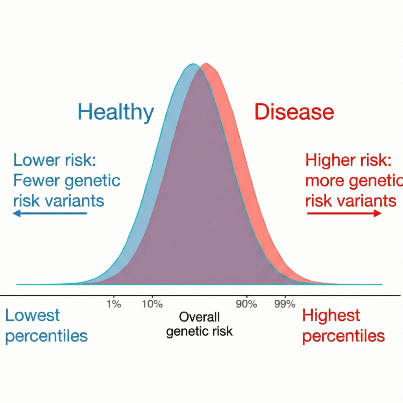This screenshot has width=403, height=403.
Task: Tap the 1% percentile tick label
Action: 114,304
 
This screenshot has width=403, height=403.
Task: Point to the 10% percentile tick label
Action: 152,304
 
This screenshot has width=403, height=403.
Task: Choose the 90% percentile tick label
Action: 247,304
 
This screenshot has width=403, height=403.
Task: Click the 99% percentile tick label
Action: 285,304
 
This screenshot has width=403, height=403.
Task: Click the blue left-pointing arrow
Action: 50,213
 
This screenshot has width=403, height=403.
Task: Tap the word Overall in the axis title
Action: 199,317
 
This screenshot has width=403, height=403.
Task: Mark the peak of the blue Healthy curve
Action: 192,64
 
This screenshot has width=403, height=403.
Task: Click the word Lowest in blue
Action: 32,316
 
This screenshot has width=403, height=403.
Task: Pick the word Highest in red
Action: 331,316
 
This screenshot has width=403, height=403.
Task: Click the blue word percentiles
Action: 46,336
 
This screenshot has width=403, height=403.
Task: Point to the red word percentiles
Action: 343,336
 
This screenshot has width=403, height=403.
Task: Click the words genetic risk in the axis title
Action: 199,331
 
